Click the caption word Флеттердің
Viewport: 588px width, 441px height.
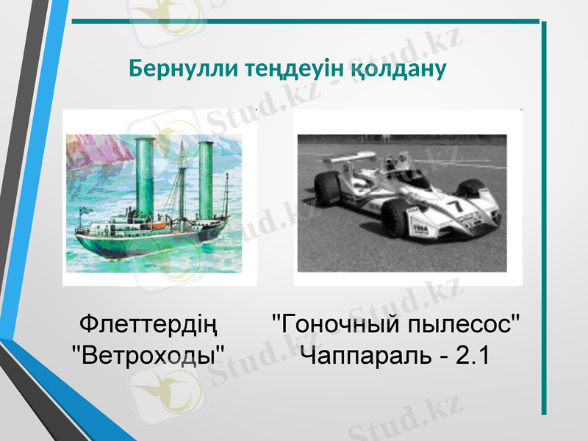coord(148,324)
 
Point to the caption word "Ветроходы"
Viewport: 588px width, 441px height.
coord(148,356)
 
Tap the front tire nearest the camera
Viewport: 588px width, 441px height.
coord(398,218)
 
